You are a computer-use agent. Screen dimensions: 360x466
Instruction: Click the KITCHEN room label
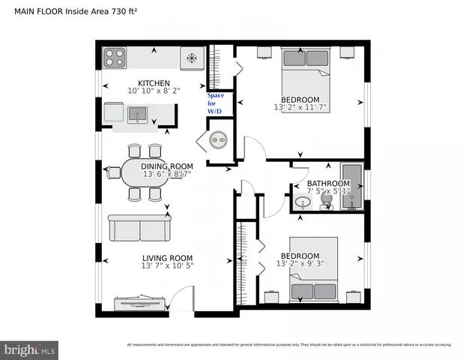point(153,83)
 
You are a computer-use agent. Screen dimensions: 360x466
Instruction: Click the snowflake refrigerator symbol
point(192,56)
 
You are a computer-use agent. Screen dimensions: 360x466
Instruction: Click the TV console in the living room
point(139,303)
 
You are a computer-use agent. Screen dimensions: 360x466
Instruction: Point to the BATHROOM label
point(327,184)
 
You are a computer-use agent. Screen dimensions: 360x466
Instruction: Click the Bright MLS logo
point(30,349)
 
